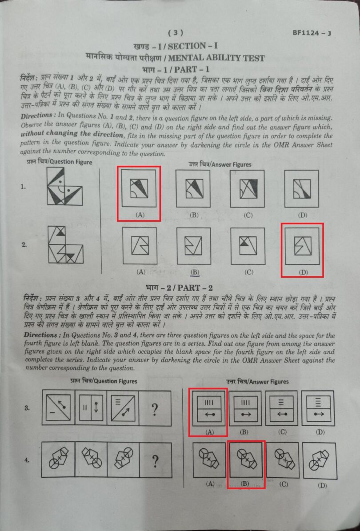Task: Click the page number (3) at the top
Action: click(176, 32)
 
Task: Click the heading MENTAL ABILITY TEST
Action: click(216, 58)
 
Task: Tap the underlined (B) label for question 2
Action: click(194, 272)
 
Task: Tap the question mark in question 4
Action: click(155, 462)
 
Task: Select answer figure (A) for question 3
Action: click(208, 408)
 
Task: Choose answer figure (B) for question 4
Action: click(246, 460)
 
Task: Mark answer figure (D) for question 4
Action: click(319, 461)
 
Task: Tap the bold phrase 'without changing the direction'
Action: click(72, 134)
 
